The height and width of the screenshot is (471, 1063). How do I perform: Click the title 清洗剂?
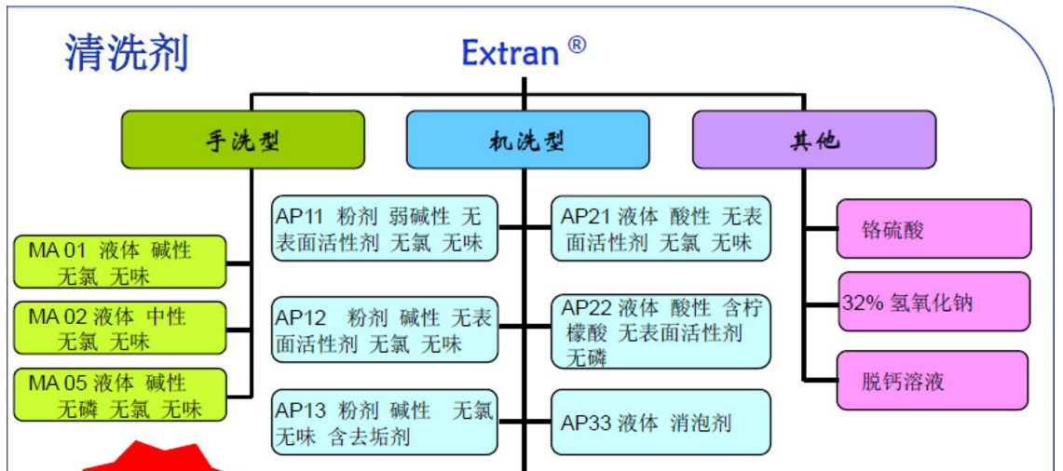click(127, 52)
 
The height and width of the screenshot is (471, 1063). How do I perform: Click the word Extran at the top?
click(510, 53)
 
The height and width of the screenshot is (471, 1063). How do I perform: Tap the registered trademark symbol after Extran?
click(577, 44)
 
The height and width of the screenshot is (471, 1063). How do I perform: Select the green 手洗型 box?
click(242, 140)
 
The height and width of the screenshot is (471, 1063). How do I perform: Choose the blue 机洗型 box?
click(527, 140)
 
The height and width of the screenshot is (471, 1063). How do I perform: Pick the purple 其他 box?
click(813, 140)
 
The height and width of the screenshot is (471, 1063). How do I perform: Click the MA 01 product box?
click(120, 262)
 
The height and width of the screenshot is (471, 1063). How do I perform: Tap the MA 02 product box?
click(120, 328)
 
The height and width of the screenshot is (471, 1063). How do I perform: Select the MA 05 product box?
click(120, 395)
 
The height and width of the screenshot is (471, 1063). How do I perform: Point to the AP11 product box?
click(384, 229)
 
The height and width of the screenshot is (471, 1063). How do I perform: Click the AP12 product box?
click(384, 330)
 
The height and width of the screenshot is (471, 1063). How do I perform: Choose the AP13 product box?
click(384, 423)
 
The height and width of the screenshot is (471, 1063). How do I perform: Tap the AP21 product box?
click(661, 229)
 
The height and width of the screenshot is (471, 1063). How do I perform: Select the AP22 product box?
click(661, 331)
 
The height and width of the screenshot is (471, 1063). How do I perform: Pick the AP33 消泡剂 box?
click(661, 423)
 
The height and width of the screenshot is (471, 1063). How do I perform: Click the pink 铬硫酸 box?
click(934, 229)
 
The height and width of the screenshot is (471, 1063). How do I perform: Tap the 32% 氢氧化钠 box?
click(934, 303)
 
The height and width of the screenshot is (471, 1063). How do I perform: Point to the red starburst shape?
click(154, 458)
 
